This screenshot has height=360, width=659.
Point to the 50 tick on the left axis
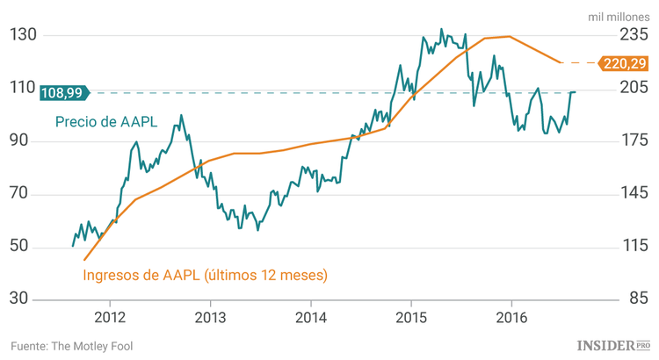(24, 247)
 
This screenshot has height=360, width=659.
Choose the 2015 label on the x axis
(411, 317)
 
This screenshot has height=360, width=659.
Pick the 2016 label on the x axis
(512, 317)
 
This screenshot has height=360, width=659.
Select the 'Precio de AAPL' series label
(106, 122)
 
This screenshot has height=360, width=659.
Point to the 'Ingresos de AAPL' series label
(205, 275)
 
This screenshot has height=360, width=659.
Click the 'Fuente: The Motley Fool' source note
(72, 346)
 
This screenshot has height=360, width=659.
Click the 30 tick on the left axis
(24, 300)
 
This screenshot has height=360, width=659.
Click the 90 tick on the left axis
(24, 141)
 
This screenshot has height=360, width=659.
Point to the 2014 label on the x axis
(311, 317)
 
